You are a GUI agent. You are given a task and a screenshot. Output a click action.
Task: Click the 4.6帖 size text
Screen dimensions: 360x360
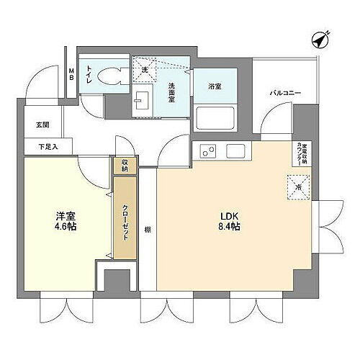(x=66, y=227)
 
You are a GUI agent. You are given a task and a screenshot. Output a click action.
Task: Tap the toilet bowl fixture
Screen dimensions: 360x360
(x=109, y=76)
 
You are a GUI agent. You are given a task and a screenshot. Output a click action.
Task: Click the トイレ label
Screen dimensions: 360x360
(x=89, y=74)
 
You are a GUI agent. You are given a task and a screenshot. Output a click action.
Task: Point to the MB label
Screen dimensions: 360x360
(x=71, y=73)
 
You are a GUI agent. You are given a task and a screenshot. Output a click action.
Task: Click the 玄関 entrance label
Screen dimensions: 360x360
(x=42, y=125)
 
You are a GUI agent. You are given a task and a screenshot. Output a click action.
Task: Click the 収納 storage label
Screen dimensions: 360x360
(x=125, y=165)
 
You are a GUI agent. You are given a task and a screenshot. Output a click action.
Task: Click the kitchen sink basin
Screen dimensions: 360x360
(x=235, y=151)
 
